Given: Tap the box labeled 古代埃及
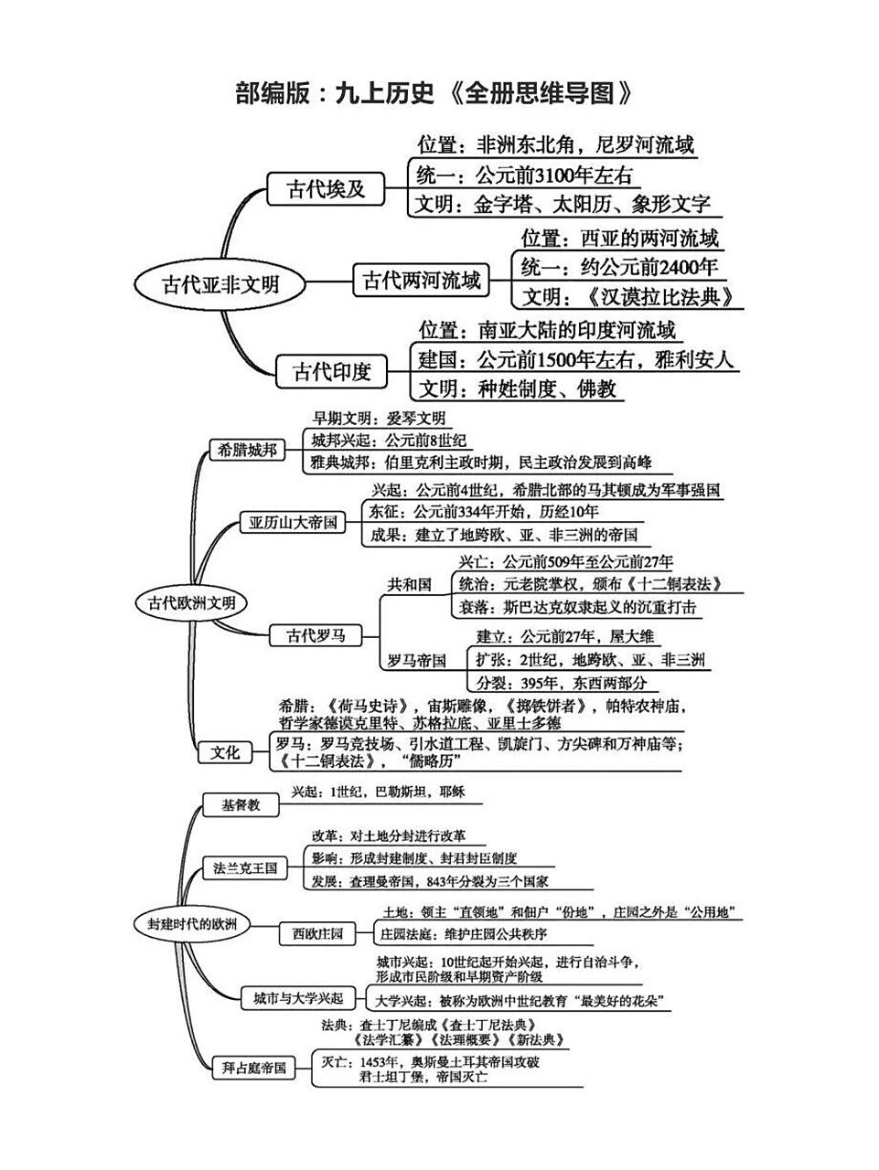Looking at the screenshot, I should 326,189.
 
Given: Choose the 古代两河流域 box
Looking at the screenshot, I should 421,280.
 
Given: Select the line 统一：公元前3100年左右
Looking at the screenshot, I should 524,175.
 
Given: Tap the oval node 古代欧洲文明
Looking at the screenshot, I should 191,603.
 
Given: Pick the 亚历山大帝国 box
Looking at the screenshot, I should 293,523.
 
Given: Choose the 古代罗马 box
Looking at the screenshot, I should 316,635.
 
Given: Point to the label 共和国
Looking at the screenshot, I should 410,584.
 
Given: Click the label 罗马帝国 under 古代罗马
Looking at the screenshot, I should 416,660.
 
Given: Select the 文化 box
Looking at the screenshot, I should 224,752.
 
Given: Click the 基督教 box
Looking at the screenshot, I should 241,805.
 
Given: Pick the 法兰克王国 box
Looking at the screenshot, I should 245,867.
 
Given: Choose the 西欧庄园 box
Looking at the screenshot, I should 317,933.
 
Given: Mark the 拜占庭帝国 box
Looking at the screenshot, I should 254,1067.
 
